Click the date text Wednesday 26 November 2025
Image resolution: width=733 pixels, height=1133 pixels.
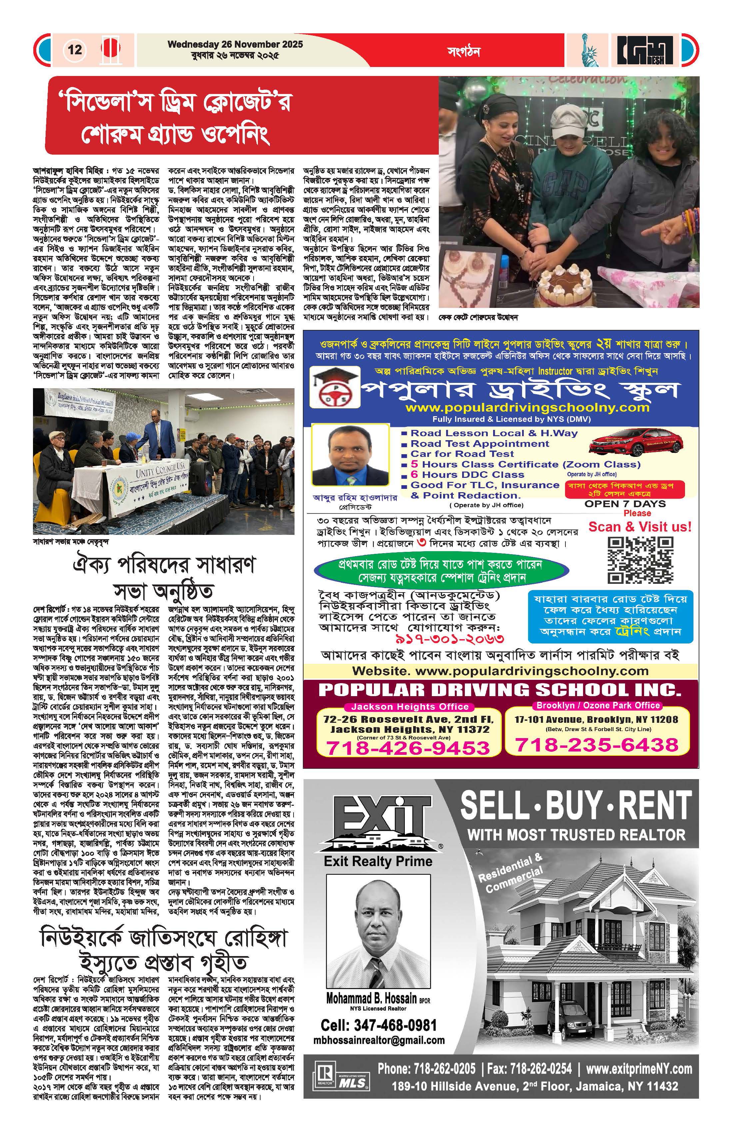click(x=235, y=45)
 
